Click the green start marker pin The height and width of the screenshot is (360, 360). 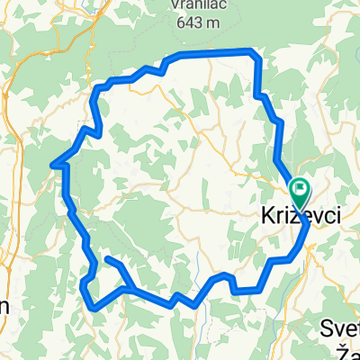(x=298, y=189)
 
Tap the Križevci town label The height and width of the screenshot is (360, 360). (x=295, y=217)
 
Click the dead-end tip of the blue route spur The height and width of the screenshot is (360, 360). (x=107, y=259)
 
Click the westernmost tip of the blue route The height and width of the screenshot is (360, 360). (x=53, y=164)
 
